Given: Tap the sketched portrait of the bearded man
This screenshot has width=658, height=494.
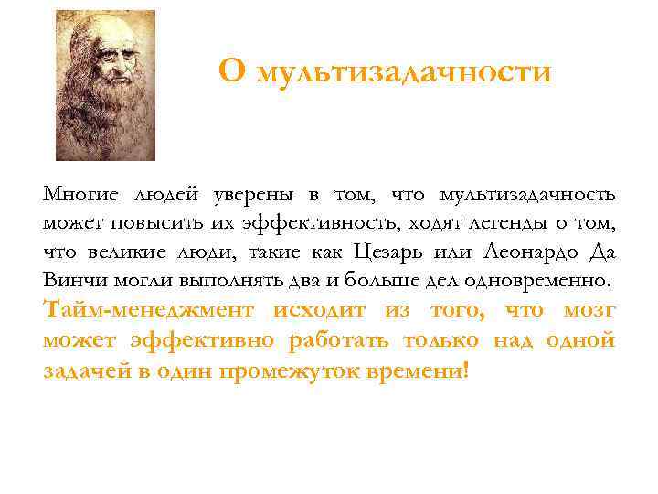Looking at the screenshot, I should (105, 85).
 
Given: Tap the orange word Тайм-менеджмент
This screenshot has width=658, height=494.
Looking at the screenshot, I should (148, 310).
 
